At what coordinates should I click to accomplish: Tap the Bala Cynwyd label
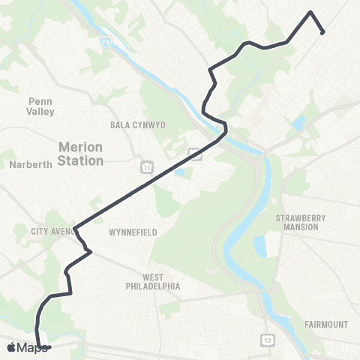(x=137, y=124)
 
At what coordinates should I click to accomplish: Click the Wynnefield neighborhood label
(x=133, y=232)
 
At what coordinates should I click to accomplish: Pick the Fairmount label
(x=326, y=324)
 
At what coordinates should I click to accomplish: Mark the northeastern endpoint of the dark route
(x=322, y=32)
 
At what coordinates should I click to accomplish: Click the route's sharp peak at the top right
(x=310, y=12)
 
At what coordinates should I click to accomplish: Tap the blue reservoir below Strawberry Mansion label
(x=260, y=247)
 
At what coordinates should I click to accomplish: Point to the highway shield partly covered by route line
(x=195, y=154)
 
